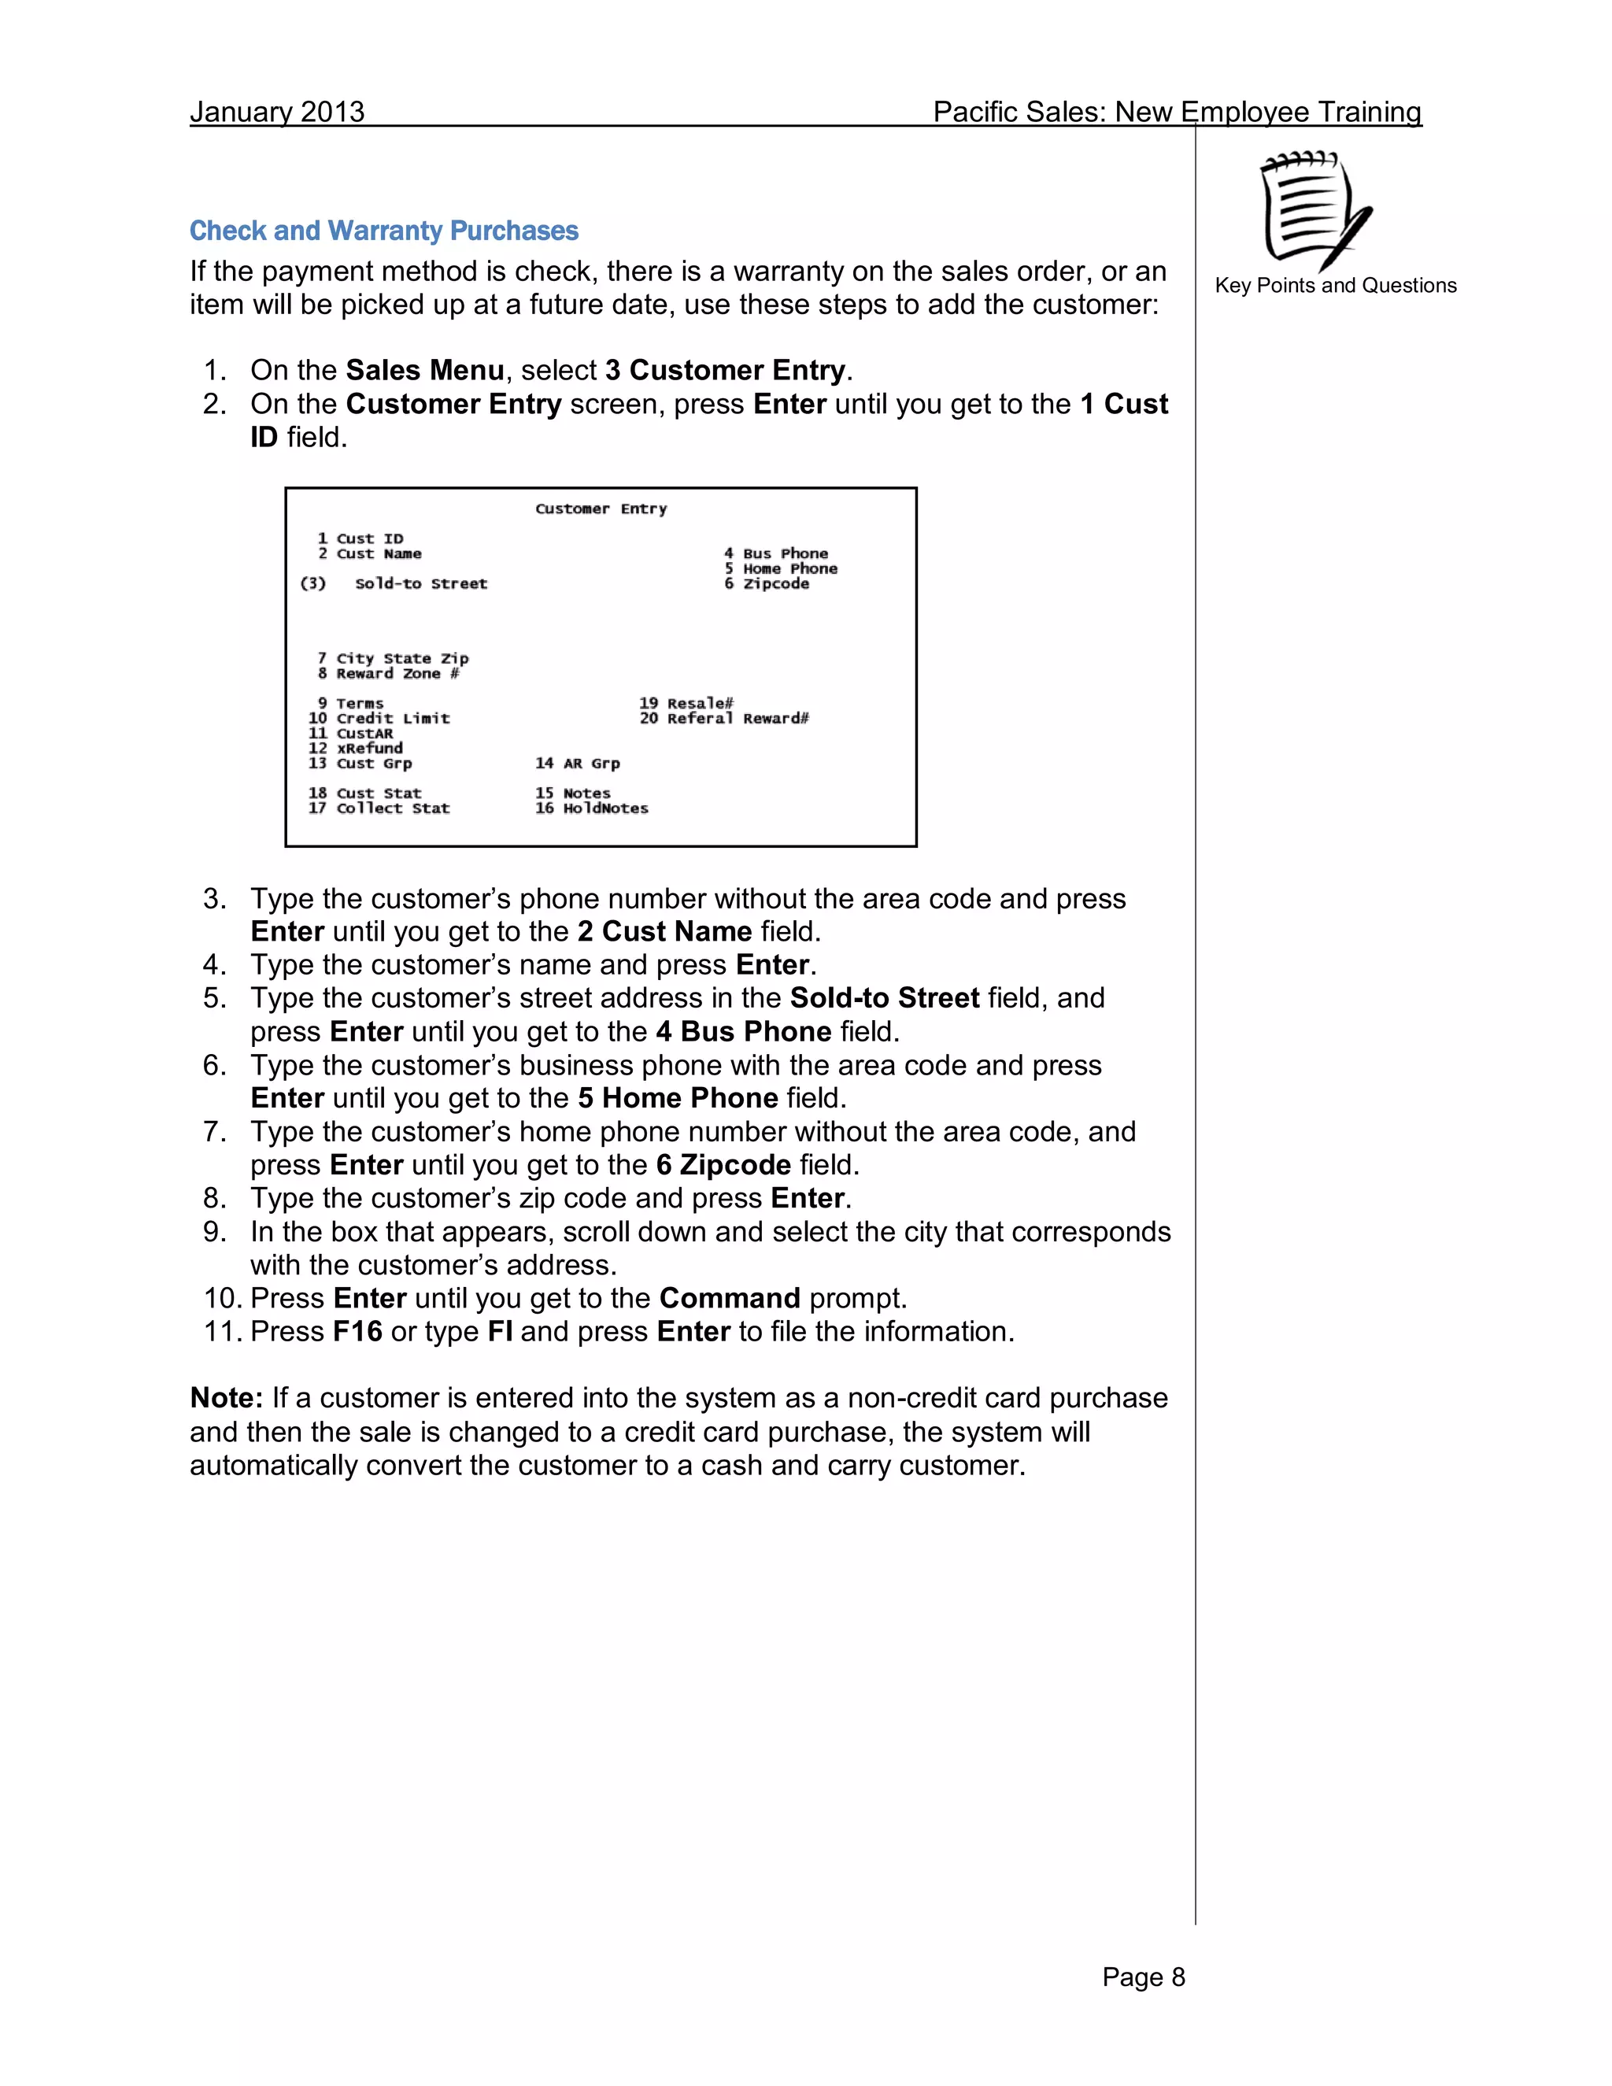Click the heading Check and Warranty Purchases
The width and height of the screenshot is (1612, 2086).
point(384,231)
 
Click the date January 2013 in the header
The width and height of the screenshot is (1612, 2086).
point(277,112)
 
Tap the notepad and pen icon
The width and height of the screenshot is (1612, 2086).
point(1314,210)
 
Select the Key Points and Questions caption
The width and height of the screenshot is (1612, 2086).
point(1335,286)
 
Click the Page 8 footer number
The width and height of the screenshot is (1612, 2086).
point(1142,1977)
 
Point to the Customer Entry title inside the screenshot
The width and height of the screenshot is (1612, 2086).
point(601,509)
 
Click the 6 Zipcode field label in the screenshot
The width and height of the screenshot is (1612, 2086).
point(766,583)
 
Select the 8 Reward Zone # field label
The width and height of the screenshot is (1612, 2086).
point(388,673)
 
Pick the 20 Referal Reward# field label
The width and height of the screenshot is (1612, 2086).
point(724,718)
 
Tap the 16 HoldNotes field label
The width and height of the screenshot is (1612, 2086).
point(591,808)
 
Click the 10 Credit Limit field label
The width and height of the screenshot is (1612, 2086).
point(379,718)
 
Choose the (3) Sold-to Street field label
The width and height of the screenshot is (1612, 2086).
point(394,583)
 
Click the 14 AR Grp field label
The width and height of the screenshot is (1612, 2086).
point(577,763)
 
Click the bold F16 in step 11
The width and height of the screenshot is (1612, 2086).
point(357,1331)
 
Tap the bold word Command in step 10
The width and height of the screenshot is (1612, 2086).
point(730,1298)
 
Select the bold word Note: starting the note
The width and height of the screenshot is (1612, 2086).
point(227,1398)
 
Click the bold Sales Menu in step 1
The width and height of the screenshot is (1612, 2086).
point(425,371)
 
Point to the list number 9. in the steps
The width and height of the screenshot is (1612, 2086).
point(215,1232)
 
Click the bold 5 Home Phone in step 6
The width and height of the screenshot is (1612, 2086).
point(678,1098)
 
